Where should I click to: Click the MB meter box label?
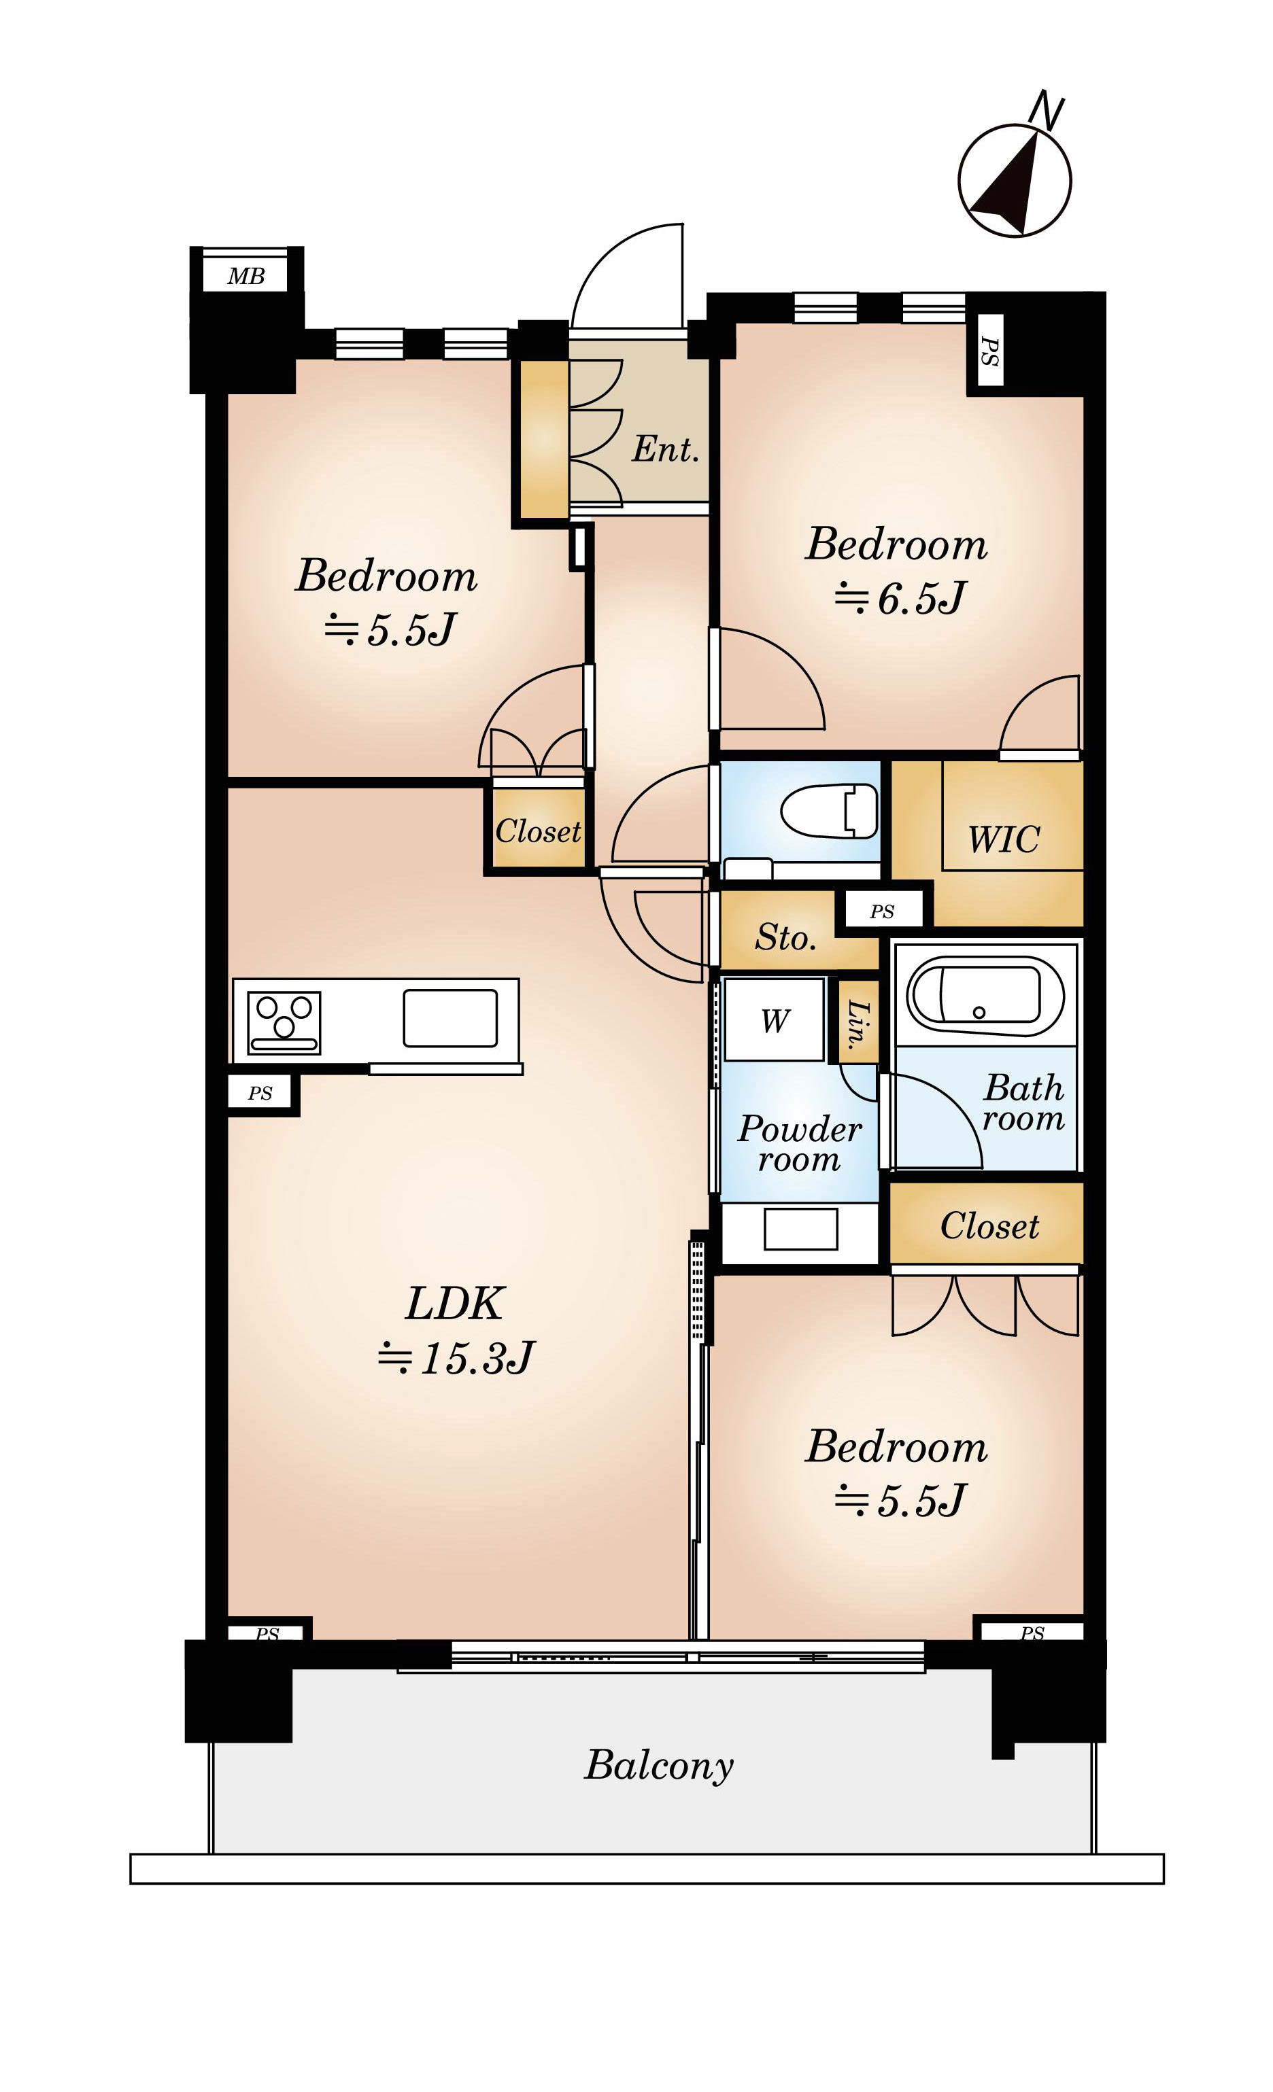pos(245,276)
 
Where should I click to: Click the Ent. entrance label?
pos(666,449)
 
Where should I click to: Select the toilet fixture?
pos(829,810)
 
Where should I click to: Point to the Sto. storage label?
pos(785,937)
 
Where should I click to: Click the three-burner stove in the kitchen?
pos(284,1022)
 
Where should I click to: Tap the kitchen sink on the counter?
pos(450,1017)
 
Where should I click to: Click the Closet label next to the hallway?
pos(539,831)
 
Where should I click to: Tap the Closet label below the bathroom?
pos(989,1226)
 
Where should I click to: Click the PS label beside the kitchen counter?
pos(260,1094)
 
